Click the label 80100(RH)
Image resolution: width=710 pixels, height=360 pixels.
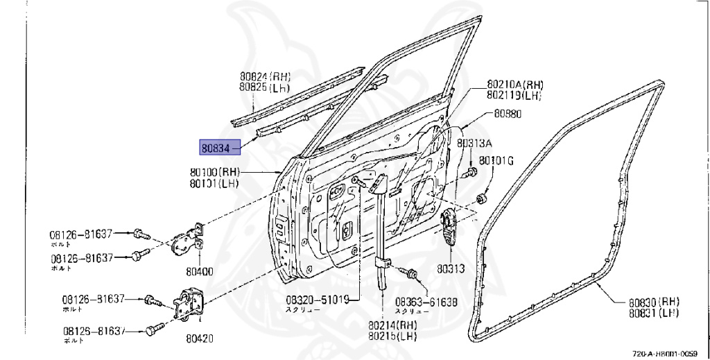[214, 171]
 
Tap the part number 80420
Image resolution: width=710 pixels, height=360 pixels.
[199, 339]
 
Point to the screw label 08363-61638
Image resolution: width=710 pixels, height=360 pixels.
[426, 302]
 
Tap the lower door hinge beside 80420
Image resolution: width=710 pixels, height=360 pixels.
[187, 307]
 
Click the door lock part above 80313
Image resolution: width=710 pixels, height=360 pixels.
[449, 227]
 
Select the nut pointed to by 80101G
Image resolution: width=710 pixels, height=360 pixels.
[480, 200]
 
